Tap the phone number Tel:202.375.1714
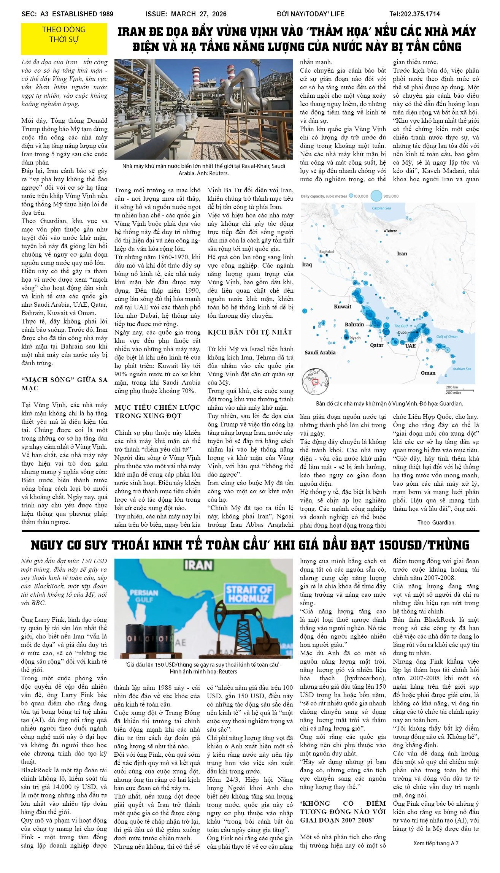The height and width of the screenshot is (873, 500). click(414, 14)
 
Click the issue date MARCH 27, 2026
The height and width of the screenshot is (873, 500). click(198, 14)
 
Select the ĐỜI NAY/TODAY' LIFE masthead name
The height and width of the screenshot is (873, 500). click(310, 14)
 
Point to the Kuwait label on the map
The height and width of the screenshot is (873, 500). click(342, 306)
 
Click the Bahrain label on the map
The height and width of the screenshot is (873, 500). click(354, 325)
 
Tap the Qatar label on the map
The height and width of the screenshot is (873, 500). click(376, 345)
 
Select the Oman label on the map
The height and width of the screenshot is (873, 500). click(428, 373)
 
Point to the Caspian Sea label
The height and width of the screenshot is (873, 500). click(381, 208)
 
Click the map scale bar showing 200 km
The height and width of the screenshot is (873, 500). click(459, 390)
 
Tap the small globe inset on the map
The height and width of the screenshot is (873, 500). click(315, 381)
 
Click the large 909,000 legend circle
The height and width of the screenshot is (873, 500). click(376, 196)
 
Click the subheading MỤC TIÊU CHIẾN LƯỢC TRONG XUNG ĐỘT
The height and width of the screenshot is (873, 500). click(157, 412)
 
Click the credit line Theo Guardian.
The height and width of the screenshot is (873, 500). click(436, 522)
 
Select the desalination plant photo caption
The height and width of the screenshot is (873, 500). click(203, 170)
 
